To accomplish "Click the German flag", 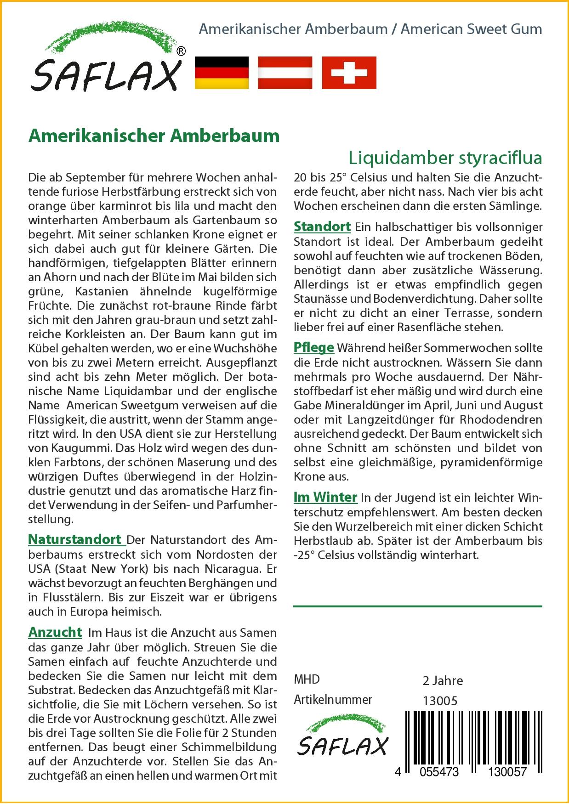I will pos(222,73).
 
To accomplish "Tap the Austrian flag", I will pos(285,73).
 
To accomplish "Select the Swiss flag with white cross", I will pos(349,73).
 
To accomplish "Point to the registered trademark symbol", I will pos(181,52).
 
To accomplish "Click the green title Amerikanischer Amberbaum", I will pos(154,136).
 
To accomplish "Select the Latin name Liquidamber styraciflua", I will pos(445,158).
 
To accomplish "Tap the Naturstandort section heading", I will pos(76,539).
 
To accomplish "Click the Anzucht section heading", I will pos(55,632).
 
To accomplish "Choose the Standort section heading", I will pos(322,226).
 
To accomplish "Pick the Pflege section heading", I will pos(314,347).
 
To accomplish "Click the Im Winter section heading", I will pos(325,497).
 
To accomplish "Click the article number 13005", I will pos(440,701).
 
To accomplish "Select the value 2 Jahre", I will pos(443,680).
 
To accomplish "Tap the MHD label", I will pos(307,679).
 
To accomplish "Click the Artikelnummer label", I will pos(333,700).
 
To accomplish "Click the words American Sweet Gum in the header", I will pos(471,29).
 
